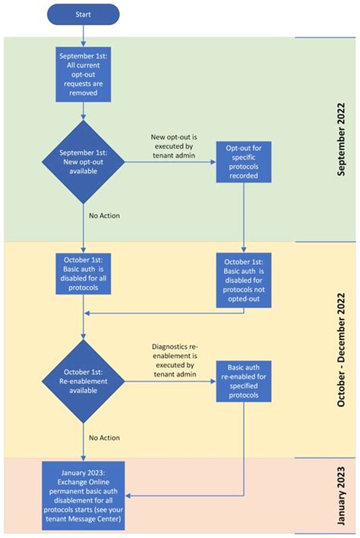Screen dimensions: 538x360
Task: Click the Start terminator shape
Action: (x=83, y=14)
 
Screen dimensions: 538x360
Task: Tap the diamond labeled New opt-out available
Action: (x=83, y=160)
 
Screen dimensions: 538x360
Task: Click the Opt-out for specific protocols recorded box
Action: (x=243, y=160)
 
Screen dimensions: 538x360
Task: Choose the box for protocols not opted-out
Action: (x=243, y=278)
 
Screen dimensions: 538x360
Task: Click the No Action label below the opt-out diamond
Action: (x=105, y=216)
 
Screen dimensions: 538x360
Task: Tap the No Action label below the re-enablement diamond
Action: (x=105, y=437)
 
